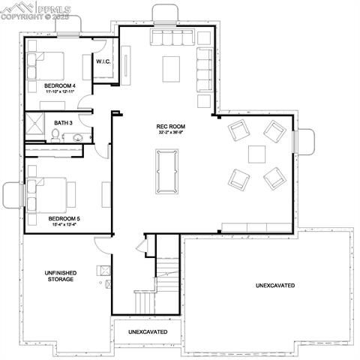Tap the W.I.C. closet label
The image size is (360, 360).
103,62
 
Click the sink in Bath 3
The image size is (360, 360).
77,136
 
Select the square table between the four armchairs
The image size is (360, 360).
257,154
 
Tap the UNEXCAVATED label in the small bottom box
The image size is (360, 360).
148,331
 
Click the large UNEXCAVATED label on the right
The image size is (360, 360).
274,286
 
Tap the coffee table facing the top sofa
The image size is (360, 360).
171,69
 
